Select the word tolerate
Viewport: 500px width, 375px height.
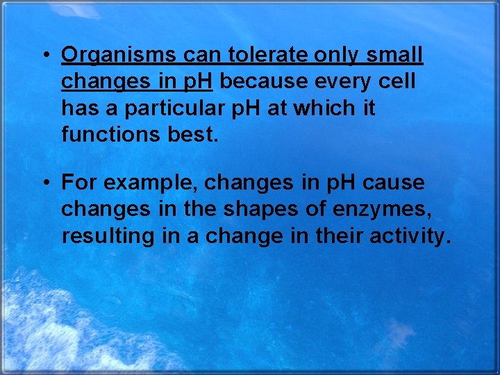point(267,55)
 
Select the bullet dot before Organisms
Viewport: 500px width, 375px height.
point(44,56)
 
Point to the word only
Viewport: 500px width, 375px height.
point(339,55)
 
